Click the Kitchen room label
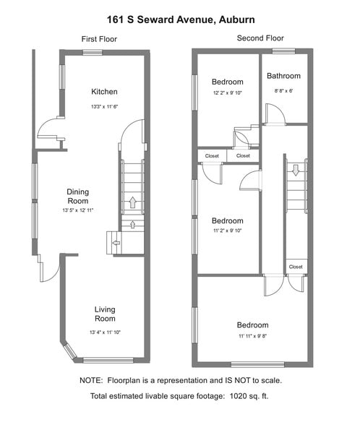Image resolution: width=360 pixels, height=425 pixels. pos(104,92)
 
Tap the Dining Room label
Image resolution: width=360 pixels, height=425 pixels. pos(78,197)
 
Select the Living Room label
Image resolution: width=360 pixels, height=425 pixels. pos(105,314)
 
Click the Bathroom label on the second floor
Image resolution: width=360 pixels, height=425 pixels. pos(283,76)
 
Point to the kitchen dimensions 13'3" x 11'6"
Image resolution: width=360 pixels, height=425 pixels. pos(104,106)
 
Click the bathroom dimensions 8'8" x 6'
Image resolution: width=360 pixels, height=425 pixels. pos(283,91)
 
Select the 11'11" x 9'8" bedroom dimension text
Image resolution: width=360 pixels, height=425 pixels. pos(253,336)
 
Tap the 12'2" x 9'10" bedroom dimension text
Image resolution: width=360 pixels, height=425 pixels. pos(228,93)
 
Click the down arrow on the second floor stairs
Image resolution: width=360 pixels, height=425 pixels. pos(296,171)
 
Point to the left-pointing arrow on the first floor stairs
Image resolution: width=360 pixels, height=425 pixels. pos(116,243)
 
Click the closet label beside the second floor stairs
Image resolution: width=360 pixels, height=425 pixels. pos(296,267)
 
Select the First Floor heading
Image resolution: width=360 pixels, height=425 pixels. pos(99,39)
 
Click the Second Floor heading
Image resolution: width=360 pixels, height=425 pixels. pos(260,38)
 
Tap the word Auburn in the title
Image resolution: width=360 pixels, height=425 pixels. pos(237,20)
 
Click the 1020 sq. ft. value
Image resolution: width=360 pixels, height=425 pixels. pos(249,396)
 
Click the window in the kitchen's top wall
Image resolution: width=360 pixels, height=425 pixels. pos(93,53)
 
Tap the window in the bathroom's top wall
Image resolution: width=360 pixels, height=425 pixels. pos(283,51)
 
